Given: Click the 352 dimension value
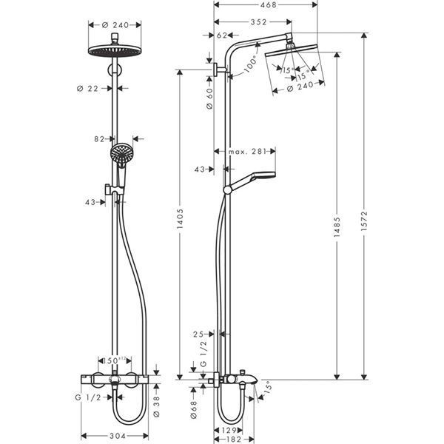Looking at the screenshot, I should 258,21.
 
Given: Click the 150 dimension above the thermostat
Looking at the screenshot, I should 112,360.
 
